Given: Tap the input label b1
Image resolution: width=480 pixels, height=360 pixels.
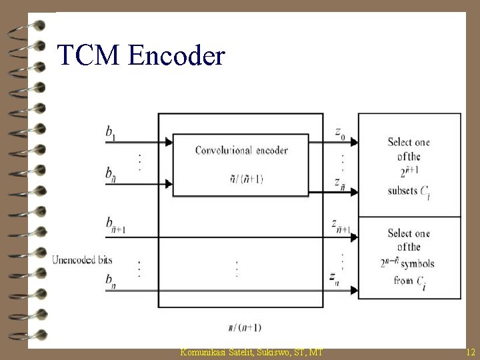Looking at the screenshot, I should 110,133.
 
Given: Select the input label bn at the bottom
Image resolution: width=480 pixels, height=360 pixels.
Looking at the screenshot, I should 109,280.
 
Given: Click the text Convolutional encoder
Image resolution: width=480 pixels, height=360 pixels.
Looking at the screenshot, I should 241,150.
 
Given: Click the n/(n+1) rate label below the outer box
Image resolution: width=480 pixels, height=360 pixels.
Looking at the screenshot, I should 245,327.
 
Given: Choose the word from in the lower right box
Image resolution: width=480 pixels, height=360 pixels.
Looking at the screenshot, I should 404,281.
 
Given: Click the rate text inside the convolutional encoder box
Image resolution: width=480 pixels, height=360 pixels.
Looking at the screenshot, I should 241,178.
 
